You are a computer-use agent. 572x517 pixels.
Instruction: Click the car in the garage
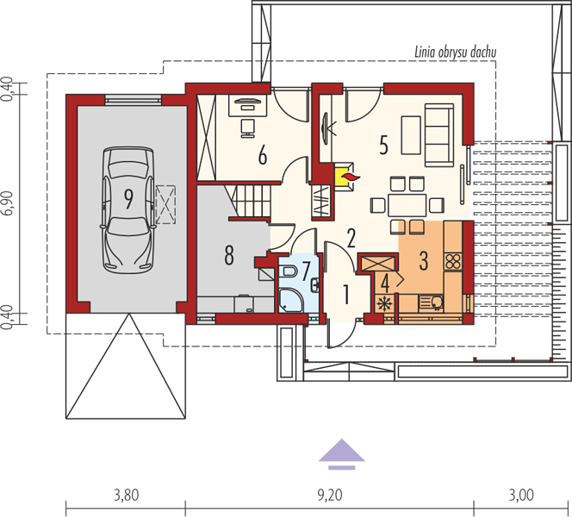128,210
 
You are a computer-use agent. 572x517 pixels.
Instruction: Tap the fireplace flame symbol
351,178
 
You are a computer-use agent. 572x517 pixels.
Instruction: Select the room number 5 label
383,145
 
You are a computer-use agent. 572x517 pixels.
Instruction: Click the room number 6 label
262,155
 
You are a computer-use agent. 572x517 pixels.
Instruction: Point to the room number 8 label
229,255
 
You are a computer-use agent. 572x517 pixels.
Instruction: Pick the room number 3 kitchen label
424,261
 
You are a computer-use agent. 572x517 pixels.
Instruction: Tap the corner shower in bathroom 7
291,300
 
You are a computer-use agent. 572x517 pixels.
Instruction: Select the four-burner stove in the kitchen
453,262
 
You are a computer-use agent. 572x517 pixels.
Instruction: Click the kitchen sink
432,302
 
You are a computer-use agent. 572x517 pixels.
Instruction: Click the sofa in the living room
438,135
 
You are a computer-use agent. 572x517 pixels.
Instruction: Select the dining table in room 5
407,205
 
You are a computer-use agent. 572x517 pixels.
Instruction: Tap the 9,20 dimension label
330,495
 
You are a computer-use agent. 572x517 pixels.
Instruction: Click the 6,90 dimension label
8,203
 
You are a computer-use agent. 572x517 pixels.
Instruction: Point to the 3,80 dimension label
127,495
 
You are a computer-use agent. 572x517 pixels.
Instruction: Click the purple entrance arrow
342,453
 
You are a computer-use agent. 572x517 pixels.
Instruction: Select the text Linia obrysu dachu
455,53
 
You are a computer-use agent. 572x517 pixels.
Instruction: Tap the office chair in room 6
248,128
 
